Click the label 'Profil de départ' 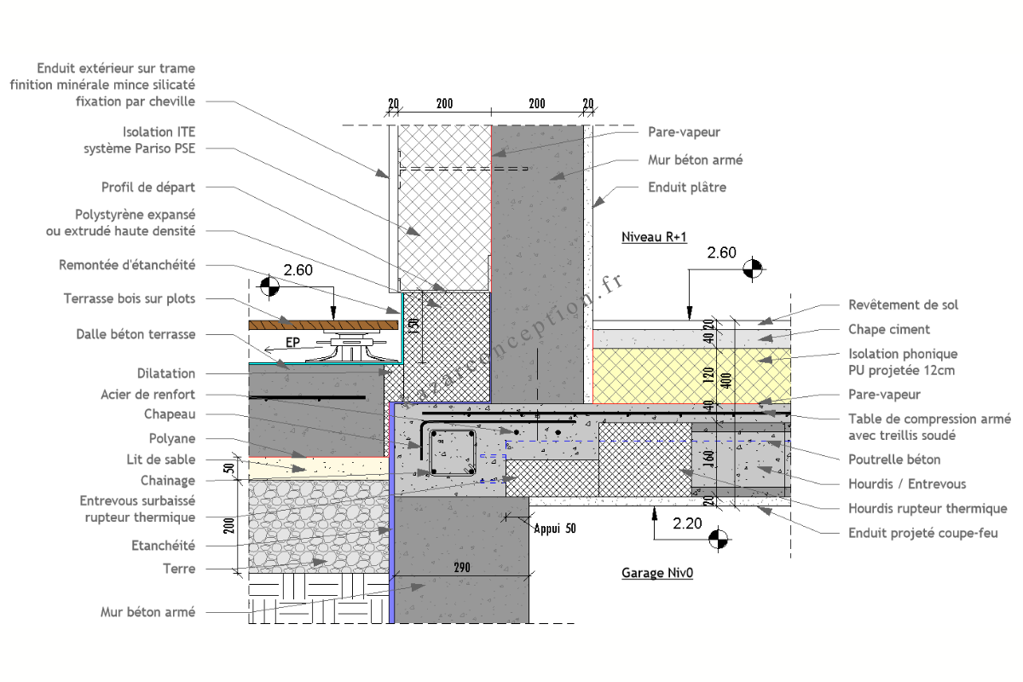click(148, 187)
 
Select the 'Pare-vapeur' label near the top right click(684, 132)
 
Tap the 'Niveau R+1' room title click(653, 237)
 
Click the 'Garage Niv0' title click(656, 574)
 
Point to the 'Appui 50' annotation click(555, 529)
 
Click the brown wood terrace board click(324, 324)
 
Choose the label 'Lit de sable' click(161, 459)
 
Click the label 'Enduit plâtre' click(687, 187)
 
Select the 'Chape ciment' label click(889, 329)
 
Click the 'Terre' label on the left click(179, 569)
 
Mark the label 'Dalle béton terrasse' click(136, 335)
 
